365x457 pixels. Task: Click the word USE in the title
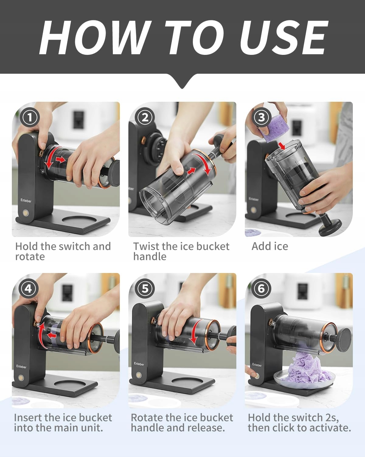pyautogui.click(x=284, y=38)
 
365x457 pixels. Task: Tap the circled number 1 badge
pyautogui.click(x=30, y=117)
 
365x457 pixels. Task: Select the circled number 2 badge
pyautogui.click(x=145, y=117)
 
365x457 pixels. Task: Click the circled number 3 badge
pyautogui.click(x=261, y=117)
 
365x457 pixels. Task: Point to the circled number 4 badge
pyautogui.click(x=28, y=289)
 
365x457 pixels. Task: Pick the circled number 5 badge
pyautogui.click(x=145, y=289)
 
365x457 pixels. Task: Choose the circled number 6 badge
pyautogui.click(x=261, y=289)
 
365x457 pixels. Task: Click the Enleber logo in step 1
pyautogui.click(x=26, y=200)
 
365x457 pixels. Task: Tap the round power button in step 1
pyautogui.click(x=26, y=213)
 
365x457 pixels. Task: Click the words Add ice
pyautogui.click(x=270, y=246)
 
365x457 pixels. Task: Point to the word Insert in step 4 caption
pyautogui.click(x=28, y=417)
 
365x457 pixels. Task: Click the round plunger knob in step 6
pyautogui.click(x=344, y=340)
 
